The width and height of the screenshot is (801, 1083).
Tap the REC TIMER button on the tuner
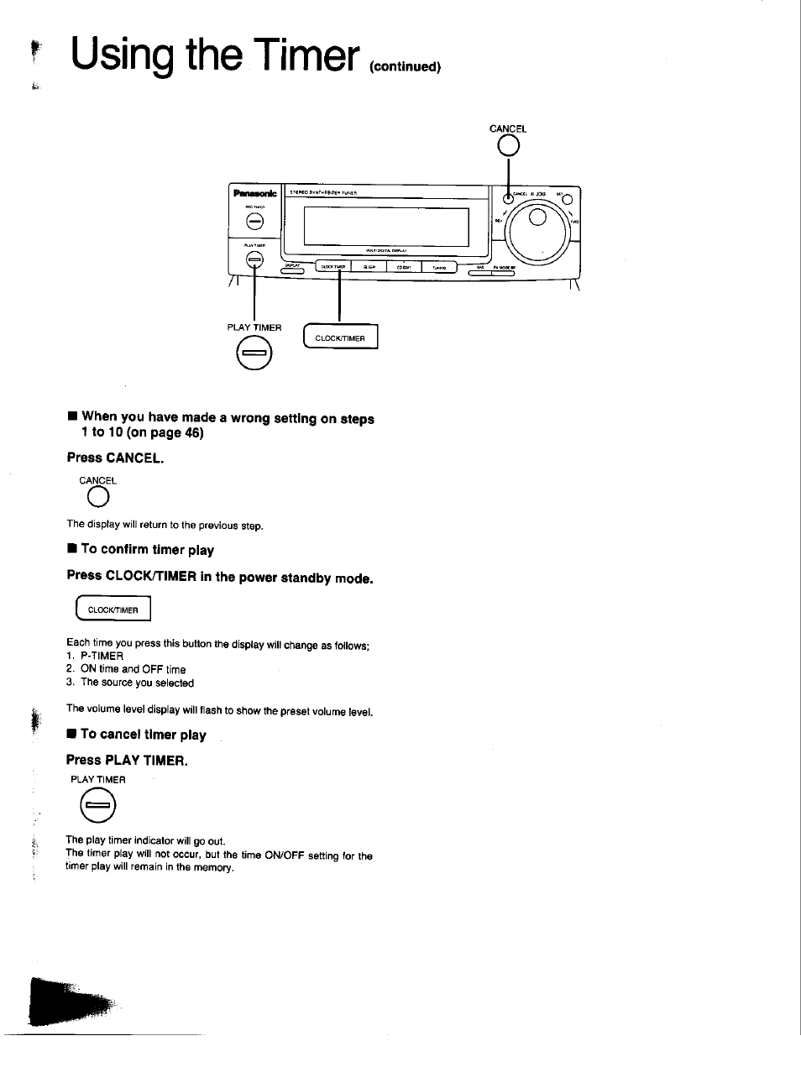click(x=254, y=222)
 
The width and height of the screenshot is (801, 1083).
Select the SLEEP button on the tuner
click(x=369, y=267)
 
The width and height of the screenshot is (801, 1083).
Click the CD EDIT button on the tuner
click(x=404, y=267)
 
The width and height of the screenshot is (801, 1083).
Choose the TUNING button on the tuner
click(x=439, y=267)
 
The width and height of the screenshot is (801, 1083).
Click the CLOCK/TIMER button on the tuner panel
click(x=333, y=267)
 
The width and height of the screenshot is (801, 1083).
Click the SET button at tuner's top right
click(x=568, y=199)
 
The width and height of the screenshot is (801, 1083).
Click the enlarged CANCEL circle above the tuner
click(x=508, y=147)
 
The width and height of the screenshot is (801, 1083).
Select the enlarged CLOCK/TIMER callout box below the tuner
click(x=341, y=337)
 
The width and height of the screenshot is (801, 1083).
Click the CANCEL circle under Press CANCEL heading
click(x=97, y=499)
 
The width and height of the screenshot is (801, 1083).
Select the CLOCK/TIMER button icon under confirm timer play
click(x=113, y=610)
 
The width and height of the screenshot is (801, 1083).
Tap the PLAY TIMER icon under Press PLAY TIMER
click(x=97, y=807)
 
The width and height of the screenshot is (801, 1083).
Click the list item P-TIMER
click(x=102, y=656)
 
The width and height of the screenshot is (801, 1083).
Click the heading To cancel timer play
click(x=143, y=735)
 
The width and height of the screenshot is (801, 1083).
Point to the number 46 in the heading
click(x=191, y=433)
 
